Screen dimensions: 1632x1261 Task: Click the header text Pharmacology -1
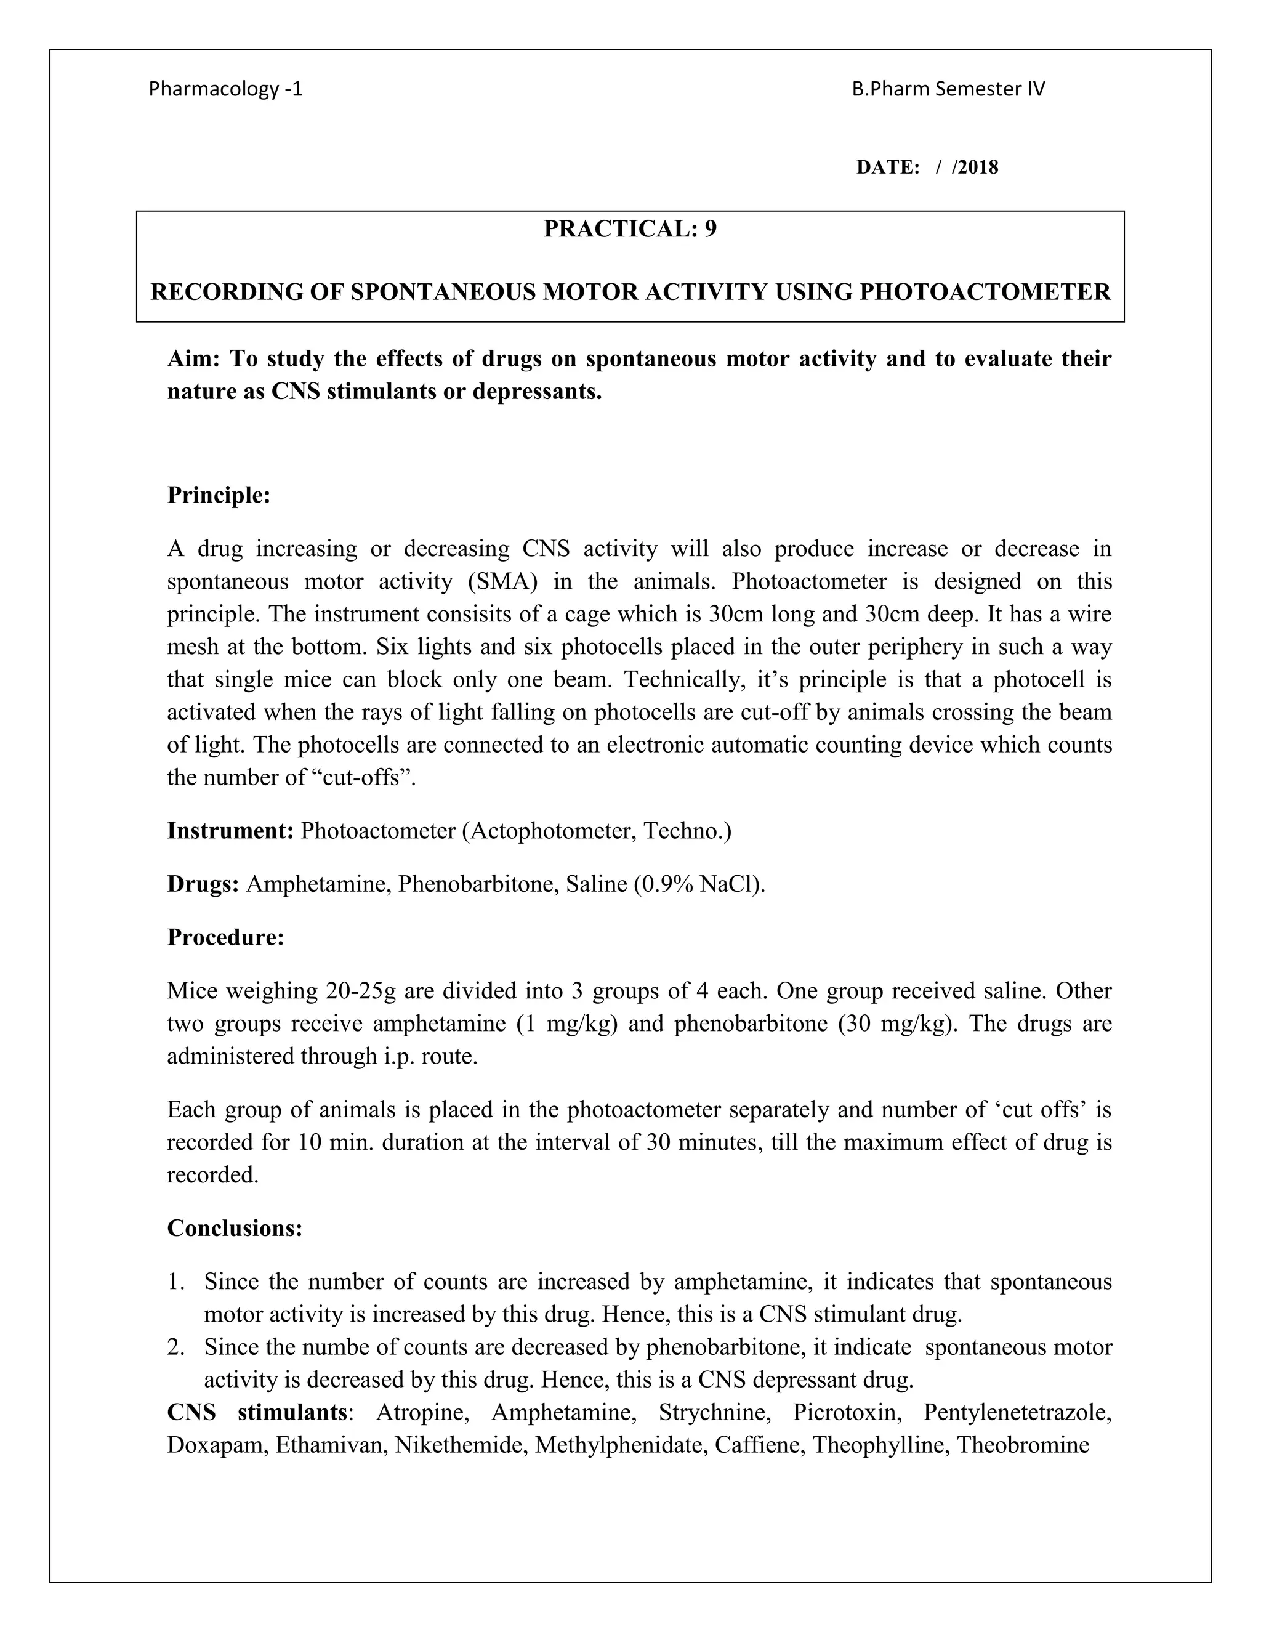click(x=225, y=90)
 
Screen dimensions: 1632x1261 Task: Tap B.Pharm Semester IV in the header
click(x=948, y=90)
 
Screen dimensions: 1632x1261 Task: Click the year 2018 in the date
click(x=978, y=168)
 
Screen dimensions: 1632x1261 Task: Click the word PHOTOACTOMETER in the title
click(x=985, y=292)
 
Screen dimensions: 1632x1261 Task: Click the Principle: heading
click(x=218, y=495)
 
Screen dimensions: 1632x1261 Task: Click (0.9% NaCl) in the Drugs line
click(x=699, y=885)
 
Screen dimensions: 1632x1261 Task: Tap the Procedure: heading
click(x=225, y=938)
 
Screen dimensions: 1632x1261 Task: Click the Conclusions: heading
click(x=235, y=1229)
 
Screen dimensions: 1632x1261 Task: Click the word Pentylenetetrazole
click(x=1017, y=1413)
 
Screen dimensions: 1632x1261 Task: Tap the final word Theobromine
click(x=1023, y=1445)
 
